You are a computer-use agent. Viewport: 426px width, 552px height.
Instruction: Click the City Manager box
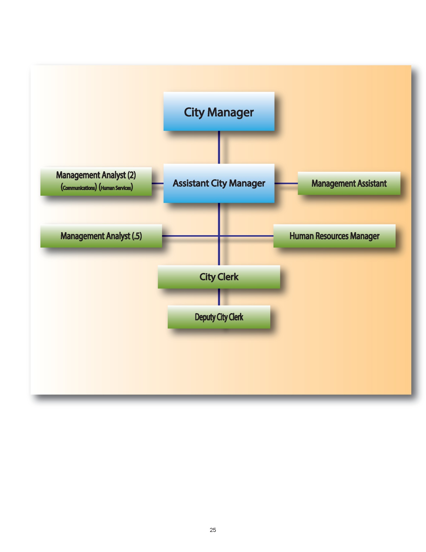(219, 111)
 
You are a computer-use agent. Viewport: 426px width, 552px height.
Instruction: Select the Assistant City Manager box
(219, 183)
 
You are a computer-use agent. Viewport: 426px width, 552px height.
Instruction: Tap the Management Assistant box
(349, 183)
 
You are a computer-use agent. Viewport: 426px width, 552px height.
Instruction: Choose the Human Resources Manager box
(334, 236)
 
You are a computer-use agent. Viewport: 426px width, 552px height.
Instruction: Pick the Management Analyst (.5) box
(101, 236)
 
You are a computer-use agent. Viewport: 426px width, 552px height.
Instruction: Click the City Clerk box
(219, 277)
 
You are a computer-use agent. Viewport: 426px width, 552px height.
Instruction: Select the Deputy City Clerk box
(219, 317)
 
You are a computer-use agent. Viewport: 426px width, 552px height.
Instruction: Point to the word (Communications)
(79, 188)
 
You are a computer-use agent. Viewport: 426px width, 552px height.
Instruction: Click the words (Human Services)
(116, 188)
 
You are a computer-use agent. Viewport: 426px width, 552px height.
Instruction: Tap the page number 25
(213, 530)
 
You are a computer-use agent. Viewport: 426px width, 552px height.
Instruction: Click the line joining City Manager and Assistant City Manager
(219, 147)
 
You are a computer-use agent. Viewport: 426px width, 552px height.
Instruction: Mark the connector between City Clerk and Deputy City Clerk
(219, 297)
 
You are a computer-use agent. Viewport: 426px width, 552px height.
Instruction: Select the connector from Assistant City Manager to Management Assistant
(286, 183)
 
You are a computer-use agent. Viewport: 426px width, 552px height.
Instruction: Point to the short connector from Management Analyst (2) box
(157, 183)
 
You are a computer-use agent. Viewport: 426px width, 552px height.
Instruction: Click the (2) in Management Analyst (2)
(132, 175)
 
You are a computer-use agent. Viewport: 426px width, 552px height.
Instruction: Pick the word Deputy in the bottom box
(205, 317)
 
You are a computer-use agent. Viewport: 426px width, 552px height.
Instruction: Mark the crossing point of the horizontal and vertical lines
(219, 236)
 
